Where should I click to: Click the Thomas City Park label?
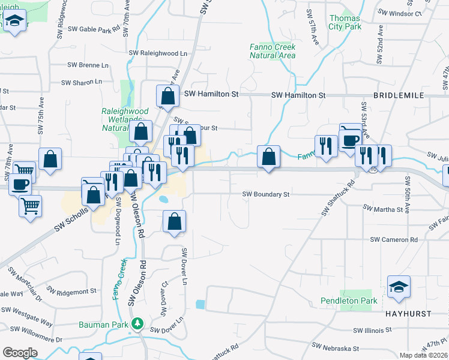coord(345,22)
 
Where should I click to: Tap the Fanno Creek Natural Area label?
coord(273,51)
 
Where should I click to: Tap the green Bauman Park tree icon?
coord(138,324)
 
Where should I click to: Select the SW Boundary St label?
coord(266,194)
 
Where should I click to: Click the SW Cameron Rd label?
coord(393,239)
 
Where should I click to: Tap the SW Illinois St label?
coord(372,330)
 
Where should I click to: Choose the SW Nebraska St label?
coord(336,348)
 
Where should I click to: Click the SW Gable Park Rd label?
coord(94,29)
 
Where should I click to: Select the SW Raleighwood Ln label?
coord(158,53)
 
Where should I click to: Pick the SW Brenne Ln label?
coord(88,65)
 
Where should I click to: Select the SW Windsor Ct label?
coord(402,13)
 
